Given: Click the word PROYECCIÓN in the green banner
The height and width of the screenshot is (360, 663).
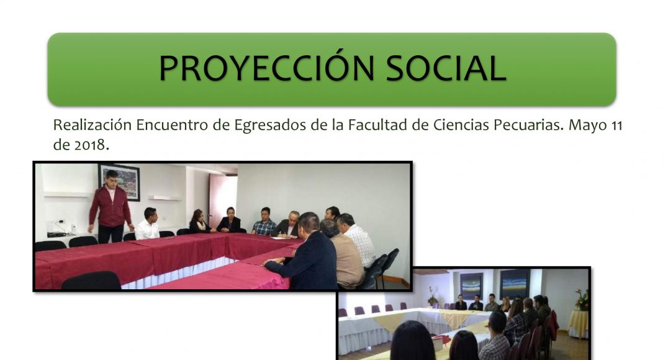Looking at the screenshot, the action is tap(266, 68).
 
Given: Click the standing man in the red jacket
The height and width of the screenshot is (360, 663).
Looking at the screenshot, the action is tap(110, 207).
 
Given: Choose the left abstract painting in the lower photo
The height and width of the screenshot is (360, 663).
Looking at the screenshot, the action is tap(471, 286).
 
